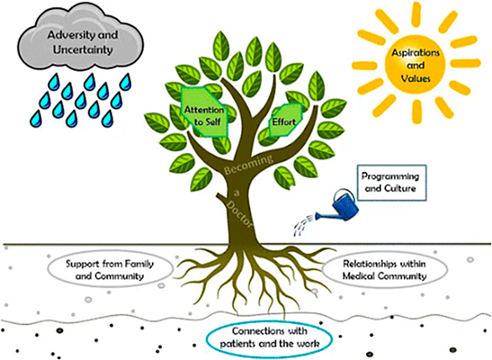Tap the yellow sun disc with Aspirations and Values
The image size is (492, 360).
pyautogui.click(x=415, y=65)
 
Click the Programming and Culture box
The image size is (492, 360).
pyautogui.click(x=392, y=182)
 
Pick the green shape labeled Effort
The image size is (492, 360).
pyautogui.click(x=285, y=121)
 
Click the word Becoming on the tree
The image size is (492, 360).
pyautogui.click(x=249, y=164)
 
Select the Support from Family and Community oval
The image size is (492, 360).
pyautogui.click(x=110, y=269)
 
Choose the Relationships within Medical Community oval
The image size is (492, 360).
pyautogui.click(x=385, y=269)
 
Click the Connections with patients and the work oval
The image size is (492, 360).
pyautogui.click(x=270, y=338)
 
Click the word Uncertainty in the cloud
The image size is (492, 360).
pyautogui.click(x=83, y=50)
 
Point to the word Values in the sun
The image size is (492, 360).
pyautogui.click(x=415, y=78)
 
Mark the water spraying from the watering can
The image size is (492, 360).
pyautogui.click(x=304, y=225)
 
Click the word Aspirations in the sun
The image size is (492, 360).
pyautogui.click(x=416, y=53)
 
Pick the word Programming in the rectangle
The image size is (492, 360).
pyautogui.click(x=390, y=176)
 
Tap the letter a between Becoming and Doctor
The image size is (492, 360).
pyautogui.click(x=237, y=192)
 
